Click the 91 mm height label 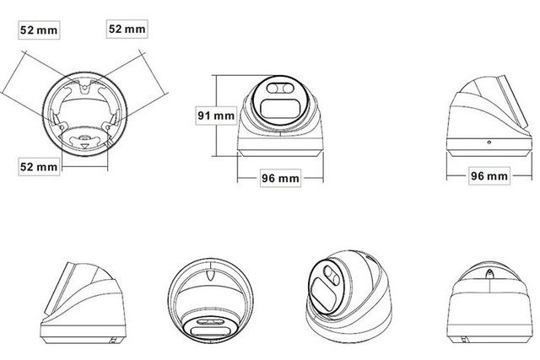click(216, 116)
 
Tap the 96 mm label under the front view click(280, 178)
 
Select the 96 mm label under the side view click(489, 176)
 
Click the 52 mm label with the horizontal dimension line click(39, 167)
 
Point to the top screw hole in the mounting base click(84, 88)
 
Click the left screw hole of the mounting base click(62, 127)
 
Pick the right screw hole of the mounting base click(108, 127)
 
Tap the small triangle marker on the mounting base click(84, 146)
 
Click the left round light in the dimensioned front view click(272, 89)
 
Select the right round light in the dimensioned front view click(287, 89)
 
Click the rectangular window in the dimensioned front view click(279, 109)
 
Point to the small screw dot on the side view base click(489, 142)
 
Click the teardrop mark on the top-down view click(210, 276)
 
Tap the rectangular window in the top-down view click(208, 331)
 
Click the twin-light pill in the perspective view click(330, 275)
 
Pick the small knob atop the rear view click(489, 274)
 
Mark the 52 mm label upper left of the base click(39, 30)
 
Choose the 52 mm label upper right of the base click(127, 29)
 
